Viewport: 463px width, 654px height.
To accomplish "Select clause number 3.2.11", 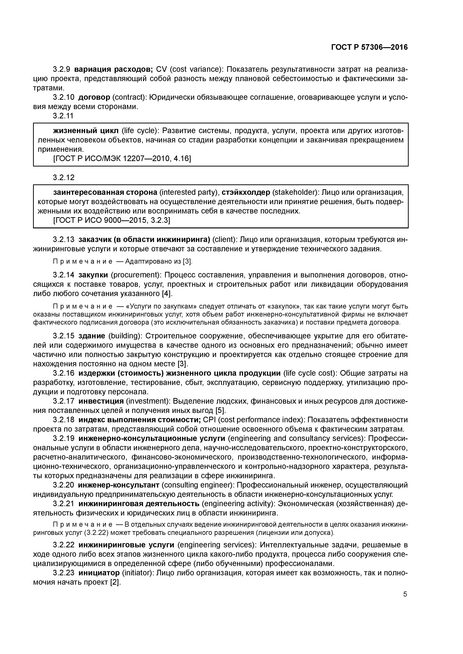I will click(x=63, y=116).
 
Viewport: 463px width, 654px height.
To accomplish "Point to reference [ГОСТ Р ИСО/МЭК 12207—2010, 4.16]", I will click(x=122, y=158).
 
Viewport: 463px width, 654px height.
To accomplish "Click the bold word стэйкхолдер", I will click(x=246, y=193).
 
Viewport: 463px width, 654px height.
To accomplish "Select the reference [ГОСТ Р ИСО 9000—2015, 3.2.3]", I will click(x=111, y=220).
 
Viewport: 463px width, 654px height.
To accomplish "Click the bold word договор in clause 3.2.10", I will click(x=94, y=98).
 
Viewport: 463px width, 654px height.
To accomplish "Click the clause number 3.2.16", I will click(x=63, y=373).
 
